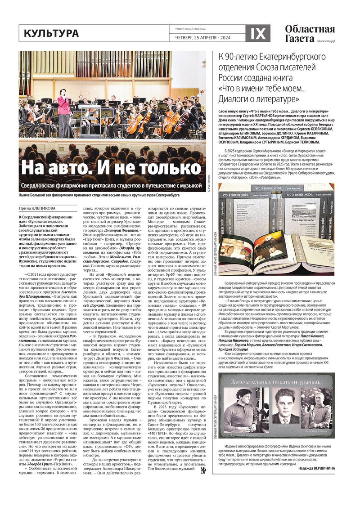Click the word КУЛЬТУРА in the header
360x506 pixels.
tap(51, 33)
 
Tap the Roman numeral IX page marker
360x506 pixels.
tap(258, 33)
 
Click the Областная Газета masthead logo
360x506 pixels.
tap(310, 34)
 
